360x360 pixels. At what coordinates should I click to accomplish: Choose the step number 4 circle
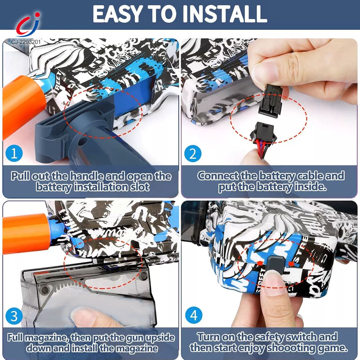click(193, 316)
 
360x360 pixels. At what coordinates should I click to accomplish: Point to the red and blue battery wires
click(262, 146)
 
